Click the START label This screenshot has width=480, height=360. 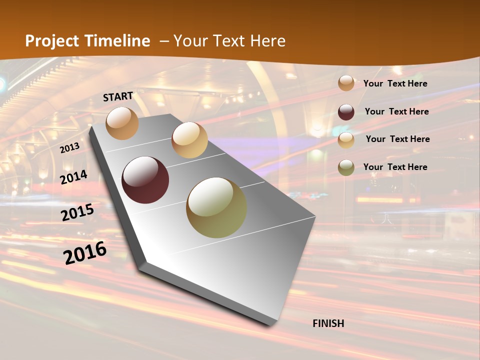118,96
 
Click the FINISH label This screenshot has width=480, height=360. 328,323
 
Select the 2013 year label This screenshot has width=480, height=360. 69,148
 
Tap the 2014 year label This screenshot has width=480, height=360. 73,177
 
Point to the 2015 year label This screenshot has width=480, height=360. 77,212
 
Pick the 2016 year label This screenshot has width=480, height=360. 85,252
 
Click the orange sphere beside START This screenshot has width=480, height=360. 122,123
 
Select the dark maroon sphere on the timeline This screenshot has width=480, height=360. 145,180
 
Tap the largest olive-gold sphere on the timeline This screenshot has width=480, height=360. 216,207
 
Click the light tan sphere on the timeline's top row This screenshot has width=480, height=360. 189,140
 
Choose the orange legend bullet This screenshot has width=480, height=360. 346,83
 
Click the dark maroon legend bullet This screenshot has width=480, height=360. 346,112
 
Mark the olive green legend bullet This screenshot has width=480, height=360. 346,167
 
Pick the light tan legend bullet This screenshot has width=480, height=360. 346,140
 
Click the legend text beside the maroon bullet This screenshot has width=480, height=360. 396,111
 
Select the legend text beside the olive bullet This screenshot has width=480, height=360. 395,167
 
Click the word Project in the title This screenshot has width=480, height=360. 52,41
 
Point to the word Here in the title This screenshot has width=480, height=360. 267,41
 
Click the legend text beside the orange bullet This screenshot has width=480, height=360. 395,83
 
